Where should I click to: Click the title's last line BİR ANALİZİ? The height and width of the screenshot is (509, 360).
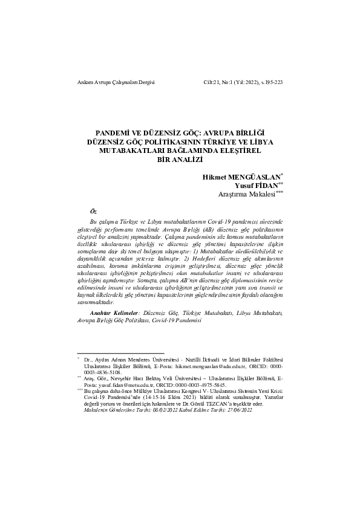pos(180,160)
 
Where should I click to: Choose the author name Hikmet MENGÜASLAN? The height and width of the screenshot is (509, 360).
pos(240,177)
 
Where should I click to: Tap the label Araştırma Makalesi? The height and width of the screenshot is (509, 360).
pos(246,195)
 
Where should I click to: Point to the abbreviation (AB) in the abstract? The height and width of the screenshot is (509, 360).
pos(209,230)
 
